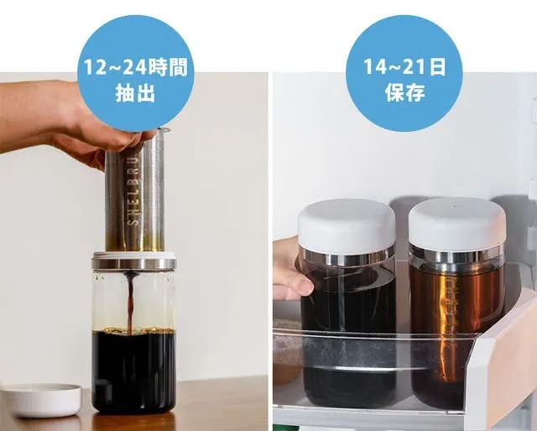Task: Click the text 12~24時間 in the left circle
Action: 136,67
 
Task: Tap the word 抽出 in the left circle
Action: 136,93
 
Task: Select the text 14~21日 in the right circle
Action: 404,67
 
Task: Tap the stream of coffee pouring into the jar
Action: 131,301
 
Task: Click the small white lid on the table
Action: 41,400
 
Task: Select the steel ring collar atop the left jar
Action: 134,263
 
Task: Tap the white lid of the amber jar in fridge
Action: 456,222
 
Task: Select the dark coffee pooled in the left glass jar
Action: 134,371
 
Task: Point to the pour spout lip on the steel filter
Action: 164,129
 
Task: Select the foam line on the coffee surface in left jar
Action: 134,330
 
